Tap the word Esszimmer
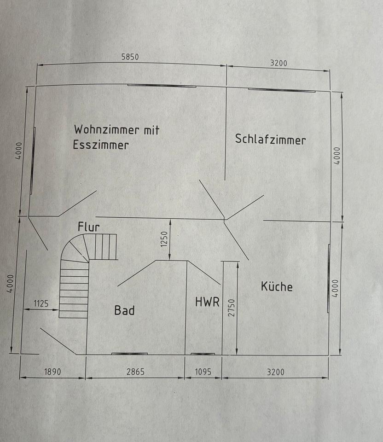click(x=101, y=145)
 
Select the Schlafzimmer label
click(x=270, y=139)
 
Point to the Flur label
click(x=88, y=227)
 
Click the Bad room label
click(x=124, y=310)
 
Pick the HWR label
click(x=207, y=302)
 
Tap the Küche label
click(x=277, y=286)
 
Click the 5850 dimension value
click(x=130, y=57)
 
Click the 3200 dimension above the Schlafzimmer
click(x=278, y=63)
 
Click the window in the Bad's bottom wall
click(x=129, y=354)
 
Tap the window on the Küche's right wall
click(x=329, y=279)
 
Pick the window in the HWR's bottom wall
click(x=203, y=354)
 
